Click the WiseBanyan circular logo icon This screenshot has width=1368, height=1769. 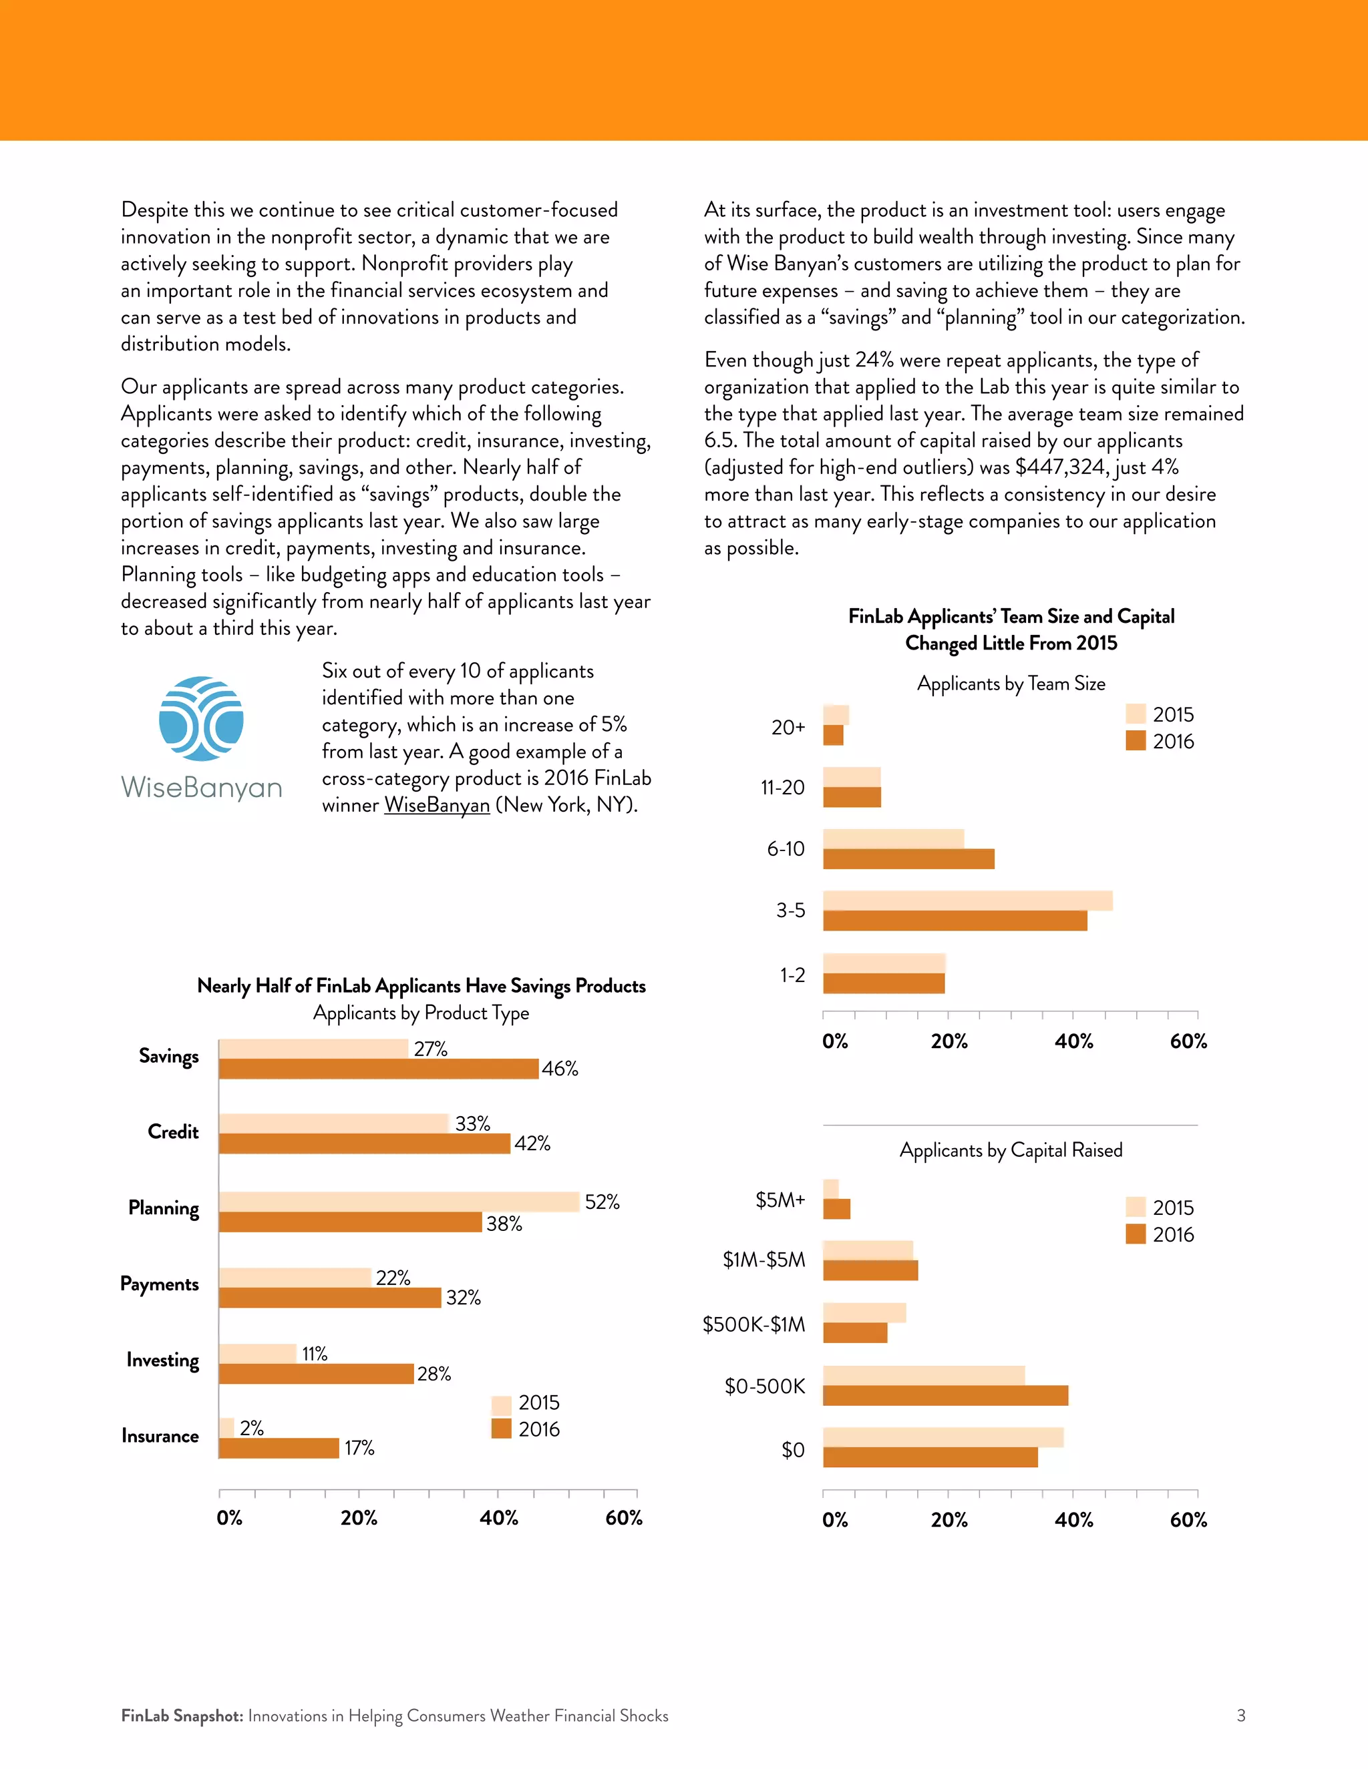point(201,718)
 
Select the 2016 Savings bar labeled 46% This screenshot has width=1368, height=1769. point(379,1068)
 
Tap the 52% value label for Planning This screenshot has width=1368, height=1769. point(601,1202)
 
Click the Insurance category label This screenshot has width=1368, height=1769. point(160,1436)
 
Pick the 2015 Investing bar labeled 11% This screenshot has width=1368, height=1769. point(258,1354)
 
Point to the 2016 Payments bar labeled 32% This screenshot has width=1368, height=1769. point(330,1298)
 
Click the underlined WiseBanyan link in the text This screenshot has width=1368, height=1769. point(437,805)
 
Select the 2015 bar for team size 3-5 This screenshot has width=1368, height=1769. point(968,901)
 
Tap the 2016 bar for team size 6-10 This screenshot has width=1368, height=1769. point(908,859)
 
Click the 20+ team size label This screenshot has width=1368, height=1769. point(788,728)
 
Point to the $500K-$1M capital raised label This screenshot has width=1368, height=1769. point(753,1324)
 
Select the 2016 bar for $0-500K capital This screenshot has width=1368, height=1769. point(945,1396)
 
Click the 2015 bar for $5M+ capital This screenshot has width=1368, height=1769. point(831,1189)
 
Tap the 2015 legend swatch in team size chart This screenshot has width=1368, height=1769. point(1136,714)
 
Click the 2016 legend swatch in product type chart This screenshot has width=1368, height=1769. point(501,1429)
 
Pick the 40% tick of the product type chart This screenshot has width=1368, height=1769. point(498,1518)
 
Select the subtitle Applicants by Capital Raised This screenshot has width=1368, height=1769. point(1011,1150)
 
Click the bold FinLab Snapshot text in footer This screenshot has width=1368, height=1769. point(182,1716)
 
